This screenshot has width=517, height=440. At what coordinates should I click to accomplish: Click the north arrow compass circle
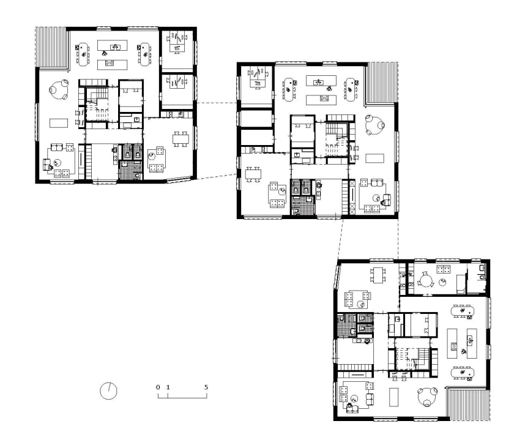[100, 391]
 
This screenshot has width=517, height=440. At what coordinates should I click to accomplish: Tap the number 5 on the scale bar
[206, 387]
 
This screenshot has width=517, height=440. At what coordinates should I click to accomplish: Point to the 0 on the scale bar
[158, 387]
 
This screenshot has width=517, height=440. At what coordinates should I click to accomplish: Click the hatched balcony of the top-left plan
[51, 47]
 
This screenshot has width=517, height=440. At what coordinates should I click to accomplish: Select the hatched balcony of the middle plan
[381, 83]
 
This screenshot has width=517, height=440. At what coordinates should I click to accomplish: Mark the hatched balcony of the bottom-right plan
[468, 404]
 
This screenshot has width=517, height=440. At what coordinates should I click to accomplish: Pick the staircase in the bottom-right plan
[412, 359]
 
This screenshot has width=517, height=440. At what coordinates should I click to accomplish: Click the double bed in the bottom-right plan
[421, 324]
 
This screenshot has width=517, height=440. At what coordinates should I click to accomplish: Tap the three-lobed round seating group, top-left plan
[59, 89]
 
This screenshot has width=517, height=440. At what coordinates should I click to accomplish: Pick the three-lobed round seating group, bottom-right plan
[428, 397]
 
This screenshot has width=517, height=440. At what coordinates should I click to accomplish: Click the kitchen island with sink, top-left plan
[113, 45]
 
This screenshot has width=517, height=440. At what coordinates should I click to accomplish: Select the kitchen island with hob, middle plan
[321, 100]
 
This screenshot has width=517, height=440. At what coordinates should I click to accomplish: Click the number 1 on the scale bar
[168, 387]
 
